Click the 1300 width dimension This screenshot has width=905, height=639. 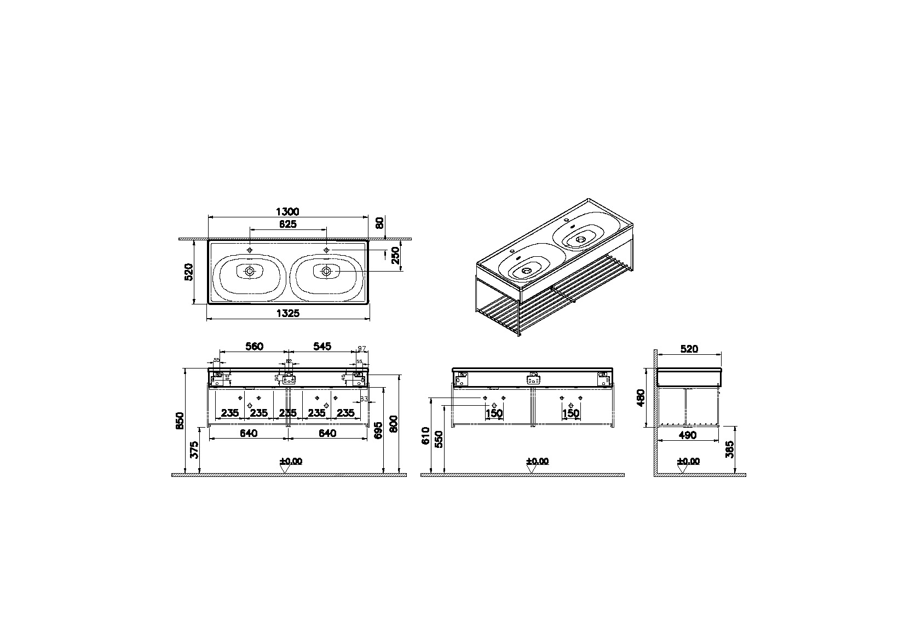288,211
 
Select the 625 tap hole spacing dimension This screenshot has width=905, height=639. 288,224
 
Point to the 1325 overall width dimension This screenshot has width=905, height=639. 288,313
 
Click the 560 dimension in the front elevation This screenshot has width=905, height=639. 254,346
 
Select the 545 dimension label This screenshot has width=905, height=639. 322,346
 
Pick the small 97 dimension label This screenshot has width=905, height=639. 361,348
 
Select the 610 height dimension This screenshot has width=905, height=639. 426,436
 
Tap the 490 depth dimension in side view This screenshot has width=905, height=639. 688,435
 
